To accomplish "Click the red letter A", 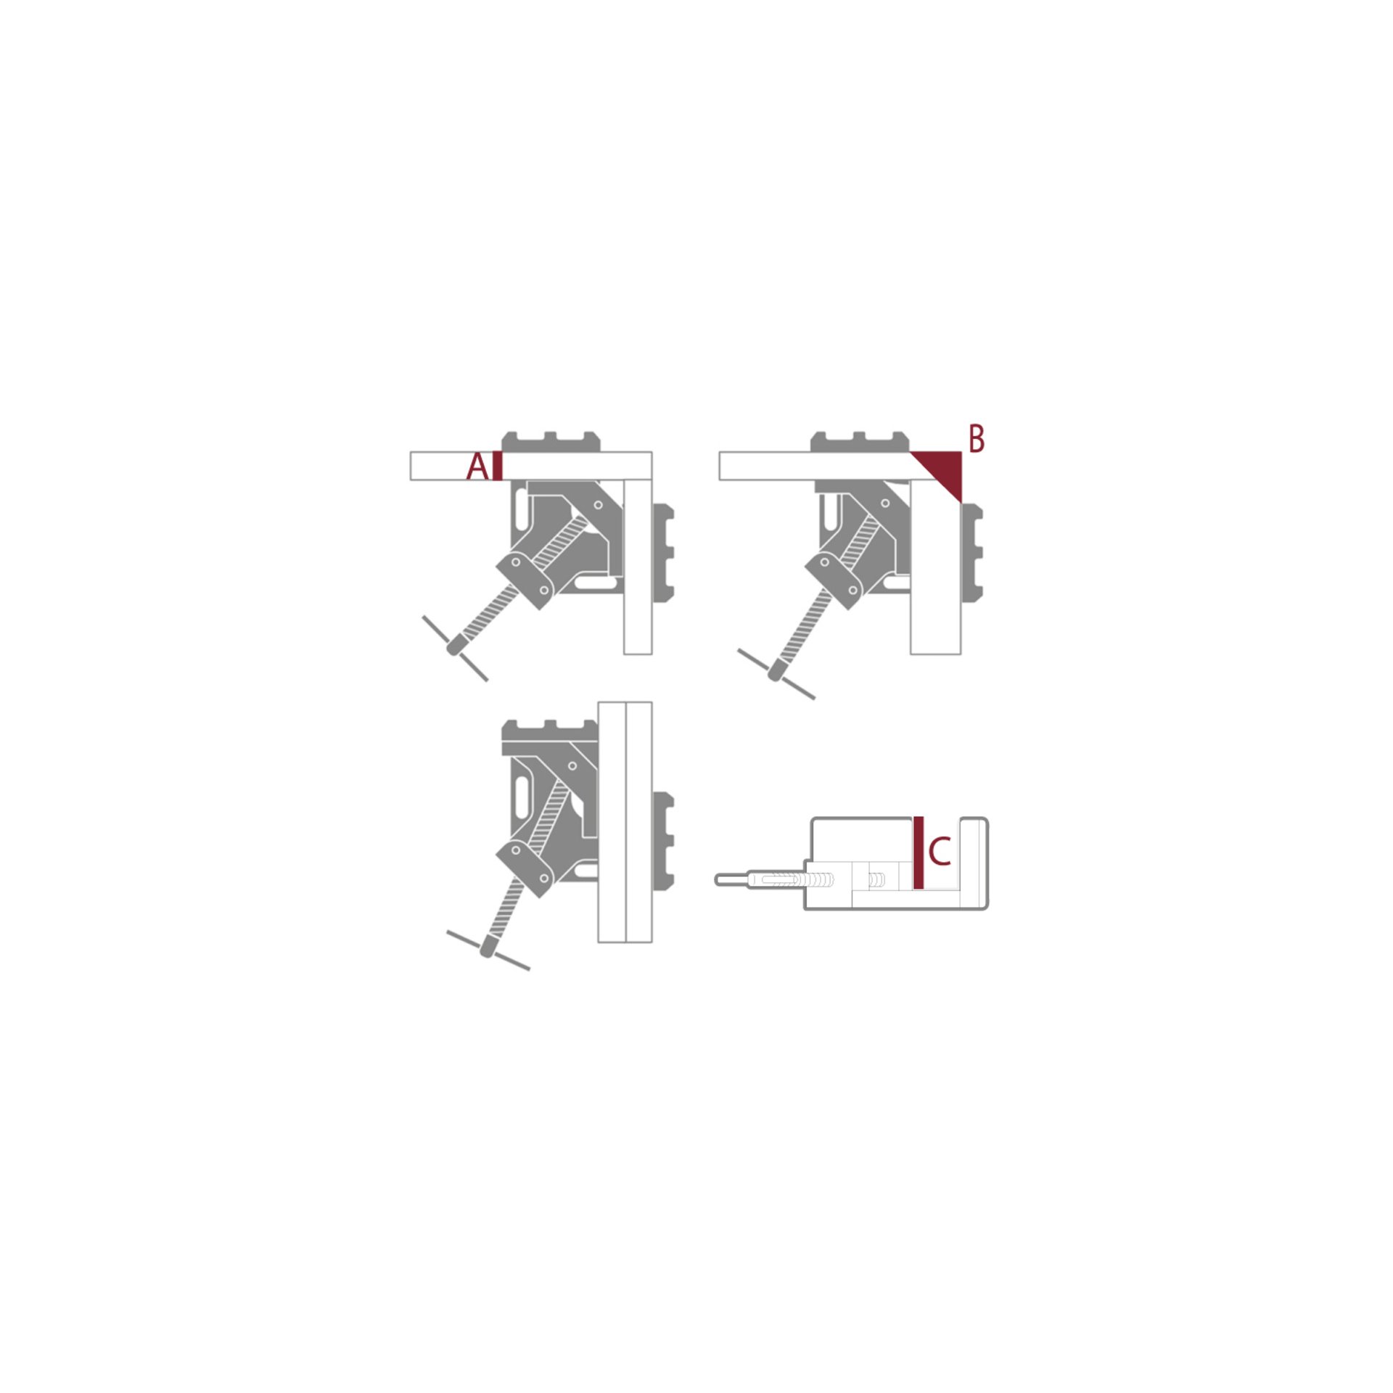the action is click(x=477, y=467).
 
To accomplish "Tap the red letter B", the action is click(x=977, y=439).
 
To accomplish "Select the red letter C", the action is click(x=940, y=852).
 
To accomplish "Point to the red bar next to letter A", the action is click(x=497, y=466).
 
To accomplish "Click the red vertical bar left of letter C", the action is click(x=919, y=852).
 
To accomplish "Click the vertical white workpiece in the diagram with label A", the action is click(x=638, y=566).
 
